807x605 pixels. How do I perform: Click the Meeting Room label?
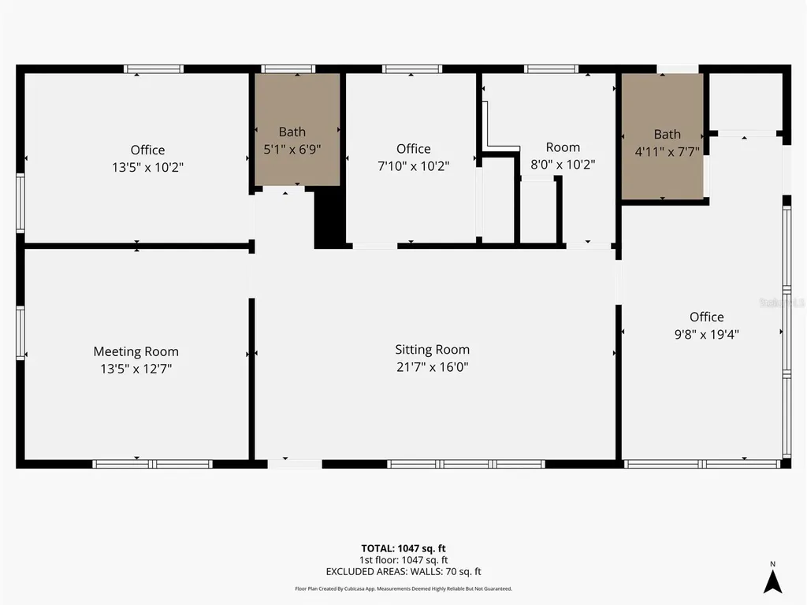click(136, 351)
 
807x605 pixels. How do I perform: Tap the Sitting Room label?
click(432, 349)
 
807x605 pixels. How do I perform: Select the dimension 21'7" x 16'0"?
click(432, 366)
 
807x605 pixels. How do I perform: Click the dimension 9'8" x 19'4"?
click(706, 333)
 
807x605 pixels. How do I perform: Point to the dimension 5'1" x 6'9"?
click(292, 148)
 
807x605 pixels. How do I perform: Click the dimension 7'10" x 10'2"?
click(413, 166)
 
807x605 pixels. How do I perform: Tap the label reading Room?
click(563, 147)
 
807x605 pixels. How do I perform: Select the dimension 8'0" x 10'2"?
click(563, 165)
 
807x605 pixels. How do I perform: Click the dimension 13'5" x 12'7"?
click(136, 368)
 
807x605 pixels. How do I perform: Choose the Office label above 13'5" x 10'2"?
click(147, 150)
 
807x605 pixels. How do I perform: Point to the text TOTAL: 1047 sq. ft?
click(403, 548)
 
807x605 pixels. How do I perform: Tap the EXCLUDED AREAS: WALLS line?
click(403, 571)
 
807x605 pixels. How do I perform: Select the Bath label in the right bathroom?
click(667, 134)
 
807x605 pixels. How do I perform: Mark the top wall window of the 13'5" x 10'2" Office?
click(154, 69)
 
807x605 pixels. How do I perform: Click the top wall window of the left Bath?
click(288, 69)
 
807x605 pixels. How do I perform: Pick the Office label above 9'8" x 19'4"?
click(706, 317)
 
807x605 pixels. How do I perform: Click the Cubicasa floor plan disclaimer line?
click(403, 588)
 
